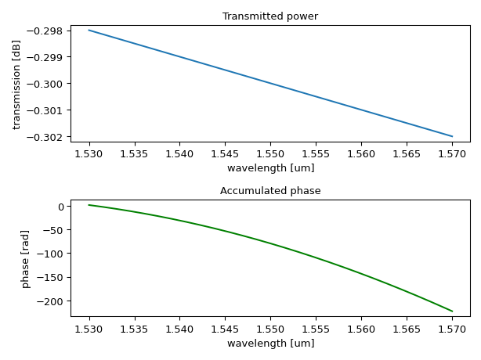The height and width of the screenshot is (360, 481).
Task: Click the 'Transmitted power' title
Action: tap(270, 16)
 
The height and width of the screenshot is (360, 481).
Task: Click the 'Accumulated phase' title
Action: tap(270, 191)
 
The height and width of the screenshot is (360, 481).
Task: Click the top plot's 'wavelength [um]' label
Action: tap(270, 168)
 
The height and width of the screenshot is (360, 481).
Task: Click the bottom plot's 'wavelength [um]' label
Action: tap(270, 344)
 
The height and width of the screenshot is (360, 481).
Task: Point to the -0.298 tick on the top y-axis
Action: tap(49, 31)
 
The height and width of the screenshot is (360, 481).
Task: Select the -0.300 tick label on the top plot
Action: tap(49, 84)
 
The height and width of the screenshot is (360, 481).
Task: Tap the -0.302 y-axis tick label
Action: tap(49, 137)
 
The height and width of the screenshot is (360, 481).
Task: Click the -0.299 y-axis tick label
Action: tap(49, 57)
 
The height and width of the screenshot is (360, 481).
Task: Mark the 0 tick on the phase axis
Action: tap(60, 207)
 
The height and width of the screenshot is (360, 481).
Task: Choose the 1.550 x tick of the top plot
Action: tap(270, 153)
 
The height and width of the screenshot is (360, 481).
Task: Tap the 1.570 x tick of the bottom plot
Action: tap(452, 329)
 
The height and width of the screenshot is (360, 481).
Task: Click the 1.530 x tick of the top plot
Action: tap(89, 153)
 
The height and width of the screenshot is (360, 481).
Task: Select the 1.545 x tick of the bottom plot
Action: tap(225, 329)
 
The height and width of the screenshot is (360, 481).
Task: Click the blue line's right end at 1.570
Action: tap(452, 136)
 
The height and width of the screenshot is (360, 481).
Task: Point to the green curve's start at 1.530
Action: tap(89, 205)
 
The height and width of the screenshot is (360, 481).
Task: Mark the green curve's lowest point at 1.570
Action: tap(452, 311)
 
